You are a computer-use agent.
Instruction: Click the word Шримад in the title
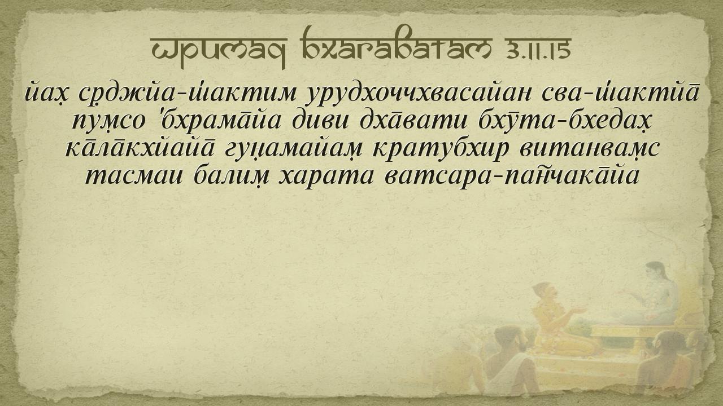pyautogui.click(x=219, y=49)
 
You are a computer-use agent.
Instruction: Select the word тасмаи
pyautogui.click(x=134, y=175)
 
